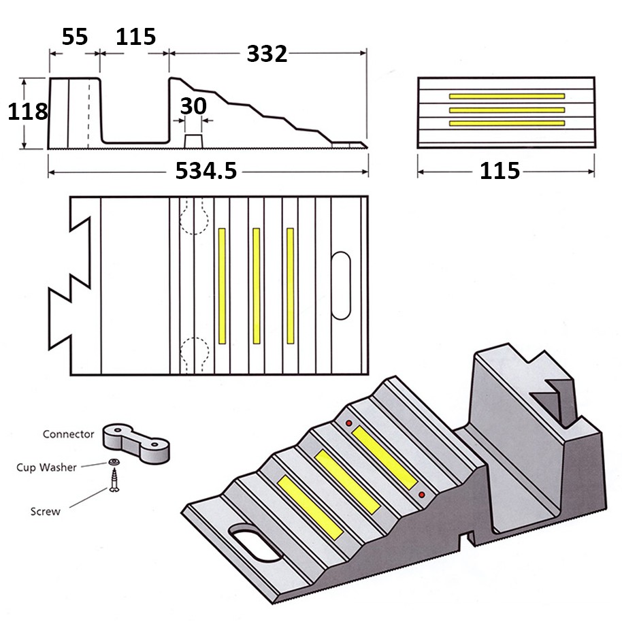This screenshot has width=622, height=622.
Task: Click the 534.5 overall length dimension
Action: click(x=206, y=171)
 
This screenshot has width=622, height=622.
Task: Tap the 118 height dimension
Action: click(x=28, y=111)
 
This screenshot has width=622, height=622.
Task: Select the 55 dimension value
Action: click(x=75, y=37)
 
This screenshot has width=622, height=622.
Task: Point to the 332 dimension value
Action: click(x=267, y=54)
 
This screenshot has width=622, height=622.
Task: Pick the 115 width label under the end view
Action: click(x=500, y=171)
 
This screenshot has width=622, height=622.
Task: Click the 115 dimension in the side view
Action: click(x=135, y=37)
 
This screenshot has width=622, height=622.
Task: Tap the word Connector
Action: click(x=68, y=434)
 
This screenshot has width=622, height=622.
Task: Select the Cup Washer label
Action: click(x=47, y=468)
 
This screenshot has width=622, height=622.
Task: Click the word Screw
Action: click(x=46, y=511)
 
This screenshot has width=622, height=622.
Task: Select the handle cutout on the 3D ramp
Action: click(x=257, y=542)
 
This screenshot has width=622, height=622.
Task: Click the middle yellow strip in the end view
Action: click(x=507, y=109)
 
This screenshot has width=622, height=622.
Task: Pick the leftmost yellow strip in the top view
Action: click(x=222, y=286)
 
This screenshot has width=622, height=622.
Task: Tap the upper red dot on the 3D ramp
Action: click(x=349, y=423)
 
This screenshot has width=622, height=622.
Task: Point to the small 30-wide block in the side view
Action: click(x=194, y=140)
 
